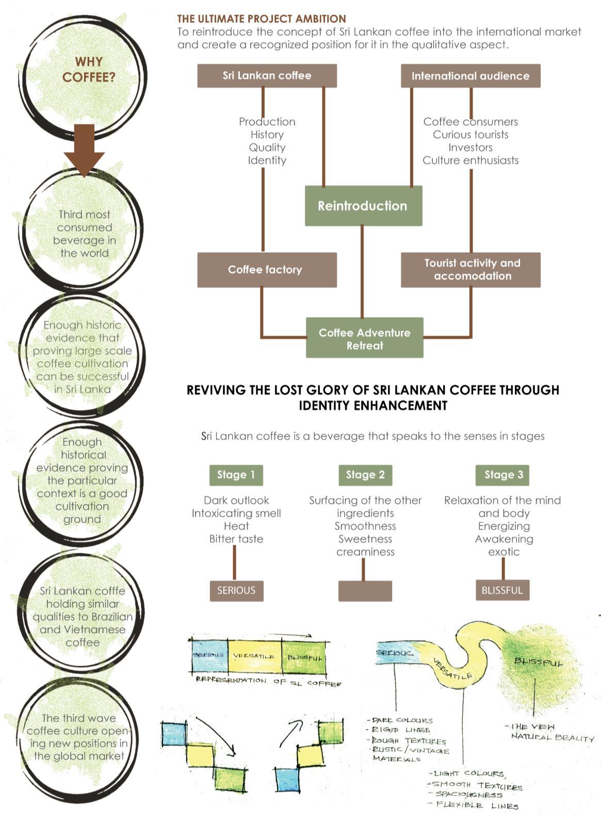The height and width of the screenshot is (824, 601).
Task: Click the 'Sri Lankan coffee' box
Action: tap(267, 76)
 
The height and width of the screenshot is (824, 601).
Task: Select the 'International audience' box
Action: tap(470, 76)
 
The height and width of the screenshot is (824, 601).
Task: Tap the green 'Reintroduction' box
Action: tap(363, 206)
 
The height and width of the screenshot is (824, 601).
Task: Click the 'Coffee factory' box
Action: tap(267, 269)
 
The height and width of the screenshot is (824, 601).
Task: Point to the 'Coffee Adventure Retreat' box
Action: tap(364, 338)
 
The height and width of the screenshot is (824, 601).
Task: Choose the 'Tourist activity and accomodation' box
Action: tap(470, 269)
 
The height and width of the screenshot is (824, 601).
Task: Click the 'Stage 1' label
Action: tap(236, 475)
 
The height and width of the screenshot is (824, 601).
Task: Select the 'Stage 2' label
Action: tap(365, 475)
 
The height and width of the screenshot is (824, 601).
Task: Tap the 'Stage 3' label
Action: tap(503, 475)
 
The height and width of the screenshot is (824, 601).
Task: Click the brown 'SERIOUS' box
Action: tap(236, 590)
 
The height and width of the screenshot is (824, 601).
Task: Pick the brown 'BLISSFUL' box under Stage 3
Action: tap(502, 590)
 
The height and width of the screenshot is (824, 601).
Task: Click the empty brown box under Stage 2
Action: tap(365, 591)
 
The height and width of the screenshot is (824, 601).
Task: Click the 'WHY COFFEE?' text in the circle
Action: tap(89, 70)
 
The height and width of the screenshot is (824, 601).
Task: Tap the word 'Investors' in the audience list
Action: tap(470, 148)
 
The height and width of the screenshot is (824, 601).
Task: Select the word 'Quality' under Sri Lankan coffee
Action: tap(267, 148)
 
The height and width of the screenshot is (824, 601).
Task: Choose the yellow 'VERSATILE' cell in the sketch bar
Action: tap(254, 656)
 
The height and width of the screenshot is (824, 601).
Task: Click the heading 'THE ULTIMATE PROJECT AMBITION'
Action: tap(262, 19)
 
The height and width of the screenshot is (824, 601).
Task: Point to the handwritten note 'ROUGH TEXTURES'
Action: tap(409, 740)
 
